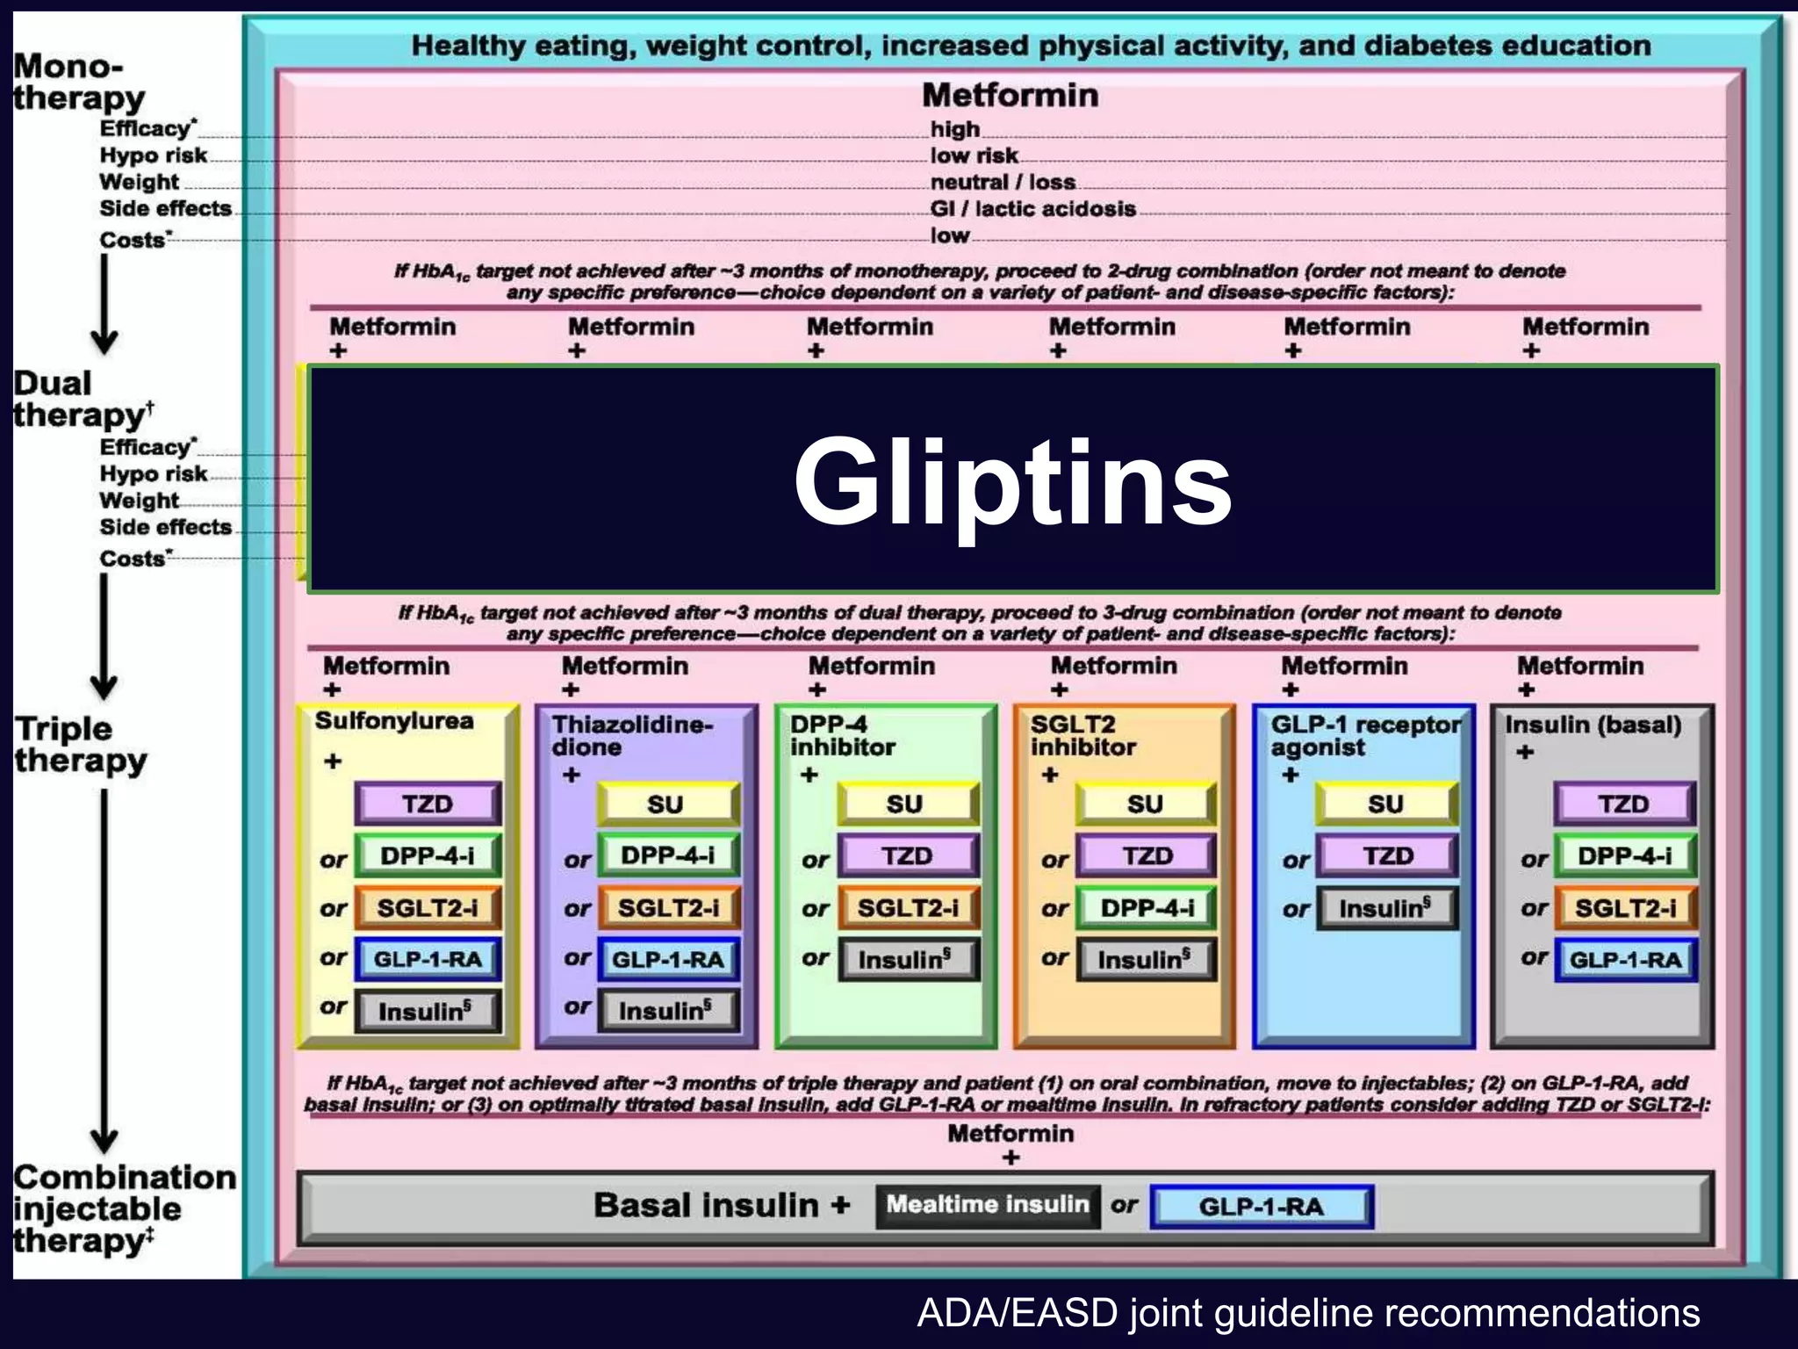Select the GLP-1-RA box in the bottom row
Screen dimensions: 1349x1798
(1261, 1207)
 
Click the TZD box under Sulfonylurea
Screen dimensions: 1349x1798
(428, 804)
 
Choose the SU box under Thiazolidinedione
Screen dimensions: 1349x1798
(666, 804)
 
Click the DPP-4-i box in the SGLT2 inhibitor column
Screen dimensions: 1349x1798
(1147, 908)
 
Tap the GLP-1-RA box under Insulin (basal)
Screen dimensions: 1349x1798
(1625, 960)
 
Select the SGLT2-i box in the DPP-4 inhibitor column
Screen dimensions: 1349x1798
(908, 908)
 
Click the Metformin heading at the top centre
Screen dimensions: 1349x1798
(1010, 95)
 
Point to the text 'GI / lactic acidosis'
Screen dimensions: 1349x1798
(1032, 209)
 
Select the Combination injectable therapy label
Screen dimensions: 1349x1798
(123, 1208)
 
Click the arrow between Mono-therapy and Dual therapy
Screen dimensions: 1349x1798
(104, 303)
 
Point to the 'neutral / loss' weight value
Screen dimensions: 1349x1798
(1003, 183)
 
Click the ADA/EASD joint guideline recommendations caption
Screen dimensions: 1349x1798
(1308, 1313)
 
